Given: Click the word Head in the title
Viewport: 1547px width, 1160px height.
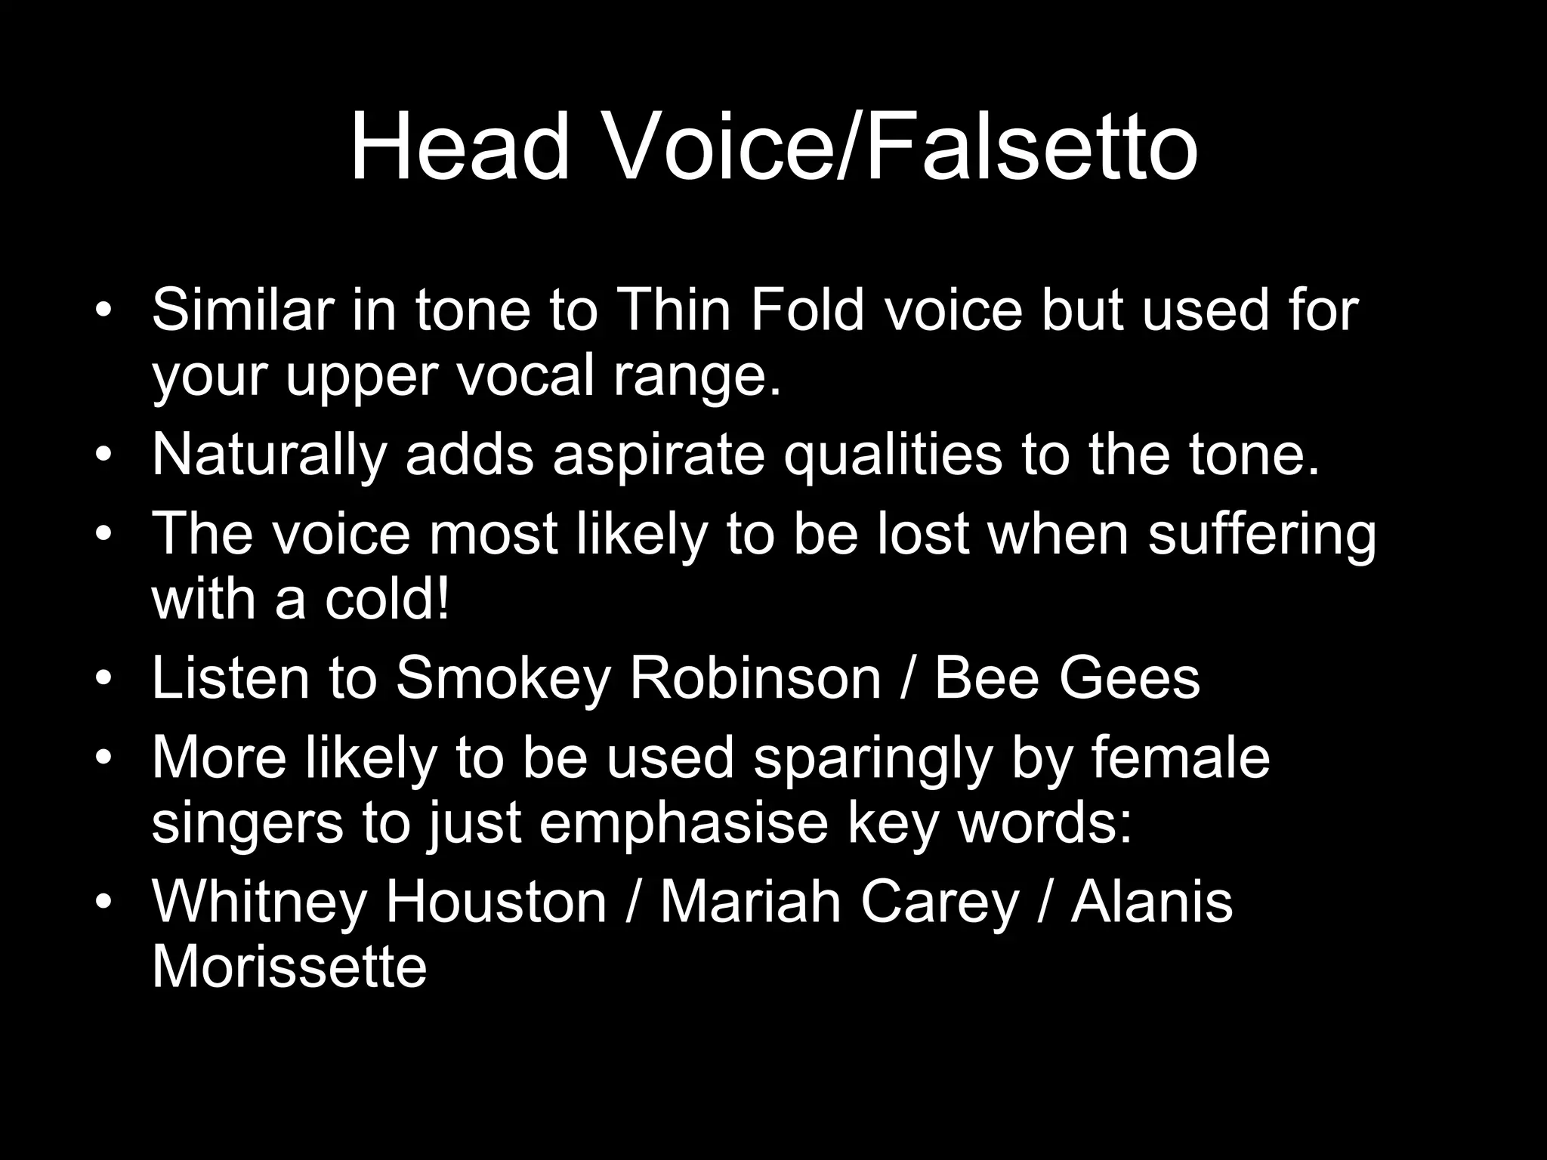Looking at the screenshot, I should [459, 147].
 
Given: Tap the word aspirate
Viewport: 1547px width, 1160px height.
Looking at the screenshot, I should [659, 456].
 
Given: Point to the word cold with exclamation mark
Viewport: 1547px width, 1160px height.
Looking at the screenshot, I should [387, 600].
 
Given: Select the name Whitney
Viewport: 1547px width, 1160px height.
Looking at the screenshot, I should [259, 903].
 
